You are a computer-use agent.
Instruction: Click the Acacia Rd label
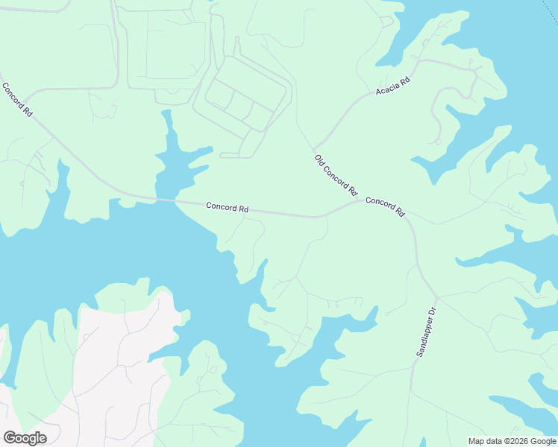pos(393,86)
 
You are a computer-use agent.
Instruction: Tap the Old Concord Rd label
pos(336,175)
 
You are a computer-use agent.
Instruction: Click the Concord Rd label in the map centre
pos(227,208)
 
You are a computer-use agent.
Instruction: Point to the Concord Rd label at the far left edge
pos(17,99)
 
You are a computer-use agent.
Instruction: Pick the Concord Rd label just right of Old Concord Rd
pos(385,206)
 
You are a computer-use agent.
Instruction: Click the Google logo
pos(25,438)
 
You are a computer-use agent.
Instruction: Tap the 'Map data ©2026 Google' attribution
pos(512,441)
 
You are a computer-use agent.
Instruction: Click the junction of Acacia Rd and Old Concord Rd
pos(314,148)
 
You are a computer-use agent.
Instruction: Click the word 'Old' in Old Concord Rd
pos(319,159)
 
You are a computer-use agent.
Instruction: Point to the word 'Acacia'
pos(388,89)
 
